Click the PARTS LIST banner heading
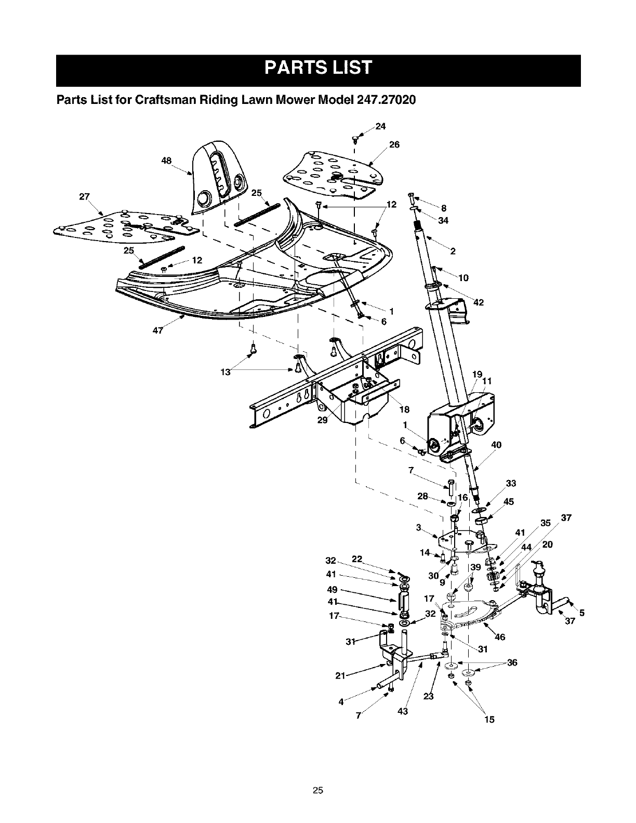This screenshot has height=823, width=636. [318, 69]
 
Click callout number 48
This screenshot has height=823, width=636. [166, 161]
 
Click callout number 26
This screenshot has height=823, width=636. [394, 144]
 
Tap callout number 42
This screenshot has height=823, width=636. [479, 303]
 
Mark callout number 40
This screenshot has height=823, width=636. [496, 445]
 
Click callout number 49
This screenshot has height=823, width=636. [332, 590]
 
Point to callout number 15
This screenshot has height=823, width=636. [489, 720]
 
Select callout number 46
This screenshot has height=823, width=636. [500, 637]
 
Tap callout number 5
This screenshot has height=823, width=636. [582, 613]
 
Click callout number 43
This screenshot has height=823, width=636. [403, 711]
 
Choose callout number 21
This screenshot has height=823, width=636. [340, 675]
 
